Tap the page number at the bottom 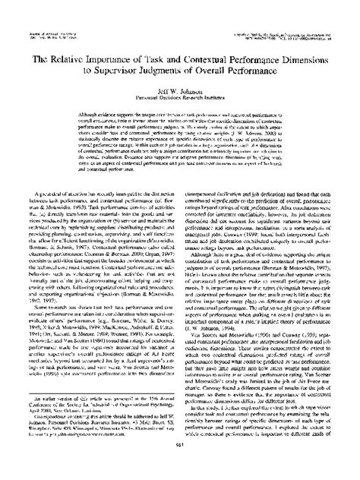(180, 465)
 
